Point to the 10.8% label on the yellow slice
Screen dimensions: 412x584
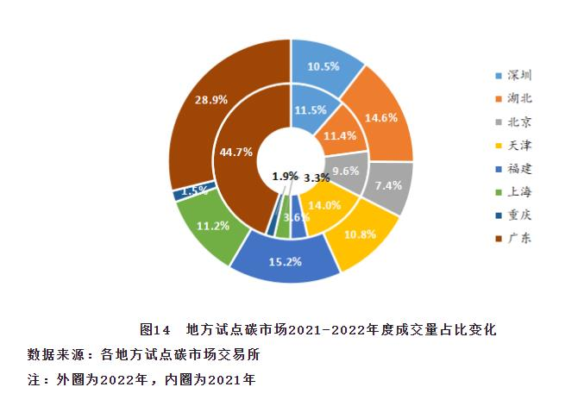pyautogui.click(x=359, y=234)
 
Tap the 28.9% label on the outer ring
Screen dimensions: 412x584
pyautogui.click(x=211, y=100)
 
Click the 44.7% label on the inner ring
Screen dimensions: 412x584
pyautogui.click(x=236, y=152)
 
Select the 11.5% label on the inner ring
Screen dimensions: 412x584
pyautogui.click(x=310, y=110)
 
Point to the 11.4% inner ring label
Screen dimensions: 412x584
pyautogui.click(x=341, y=136)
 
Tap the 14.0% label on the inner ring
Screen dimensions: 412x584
pyautogui.click(x=324, y=205)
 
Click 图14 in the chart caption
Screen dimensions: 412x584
pyautogui.click(x=156, y=330)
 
